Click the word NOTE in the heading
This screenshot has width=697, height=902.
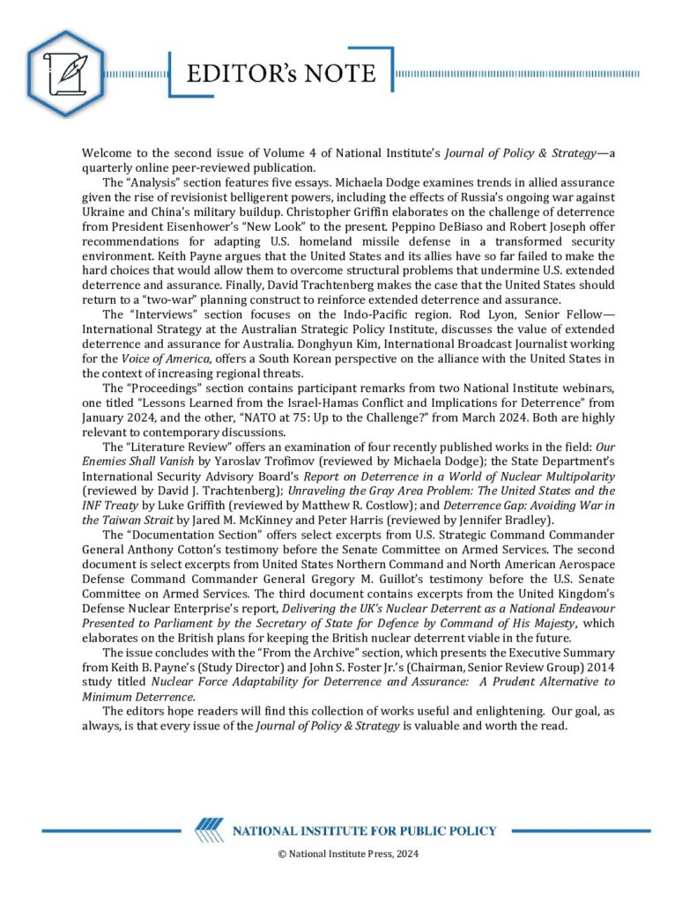click(336, 73)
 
